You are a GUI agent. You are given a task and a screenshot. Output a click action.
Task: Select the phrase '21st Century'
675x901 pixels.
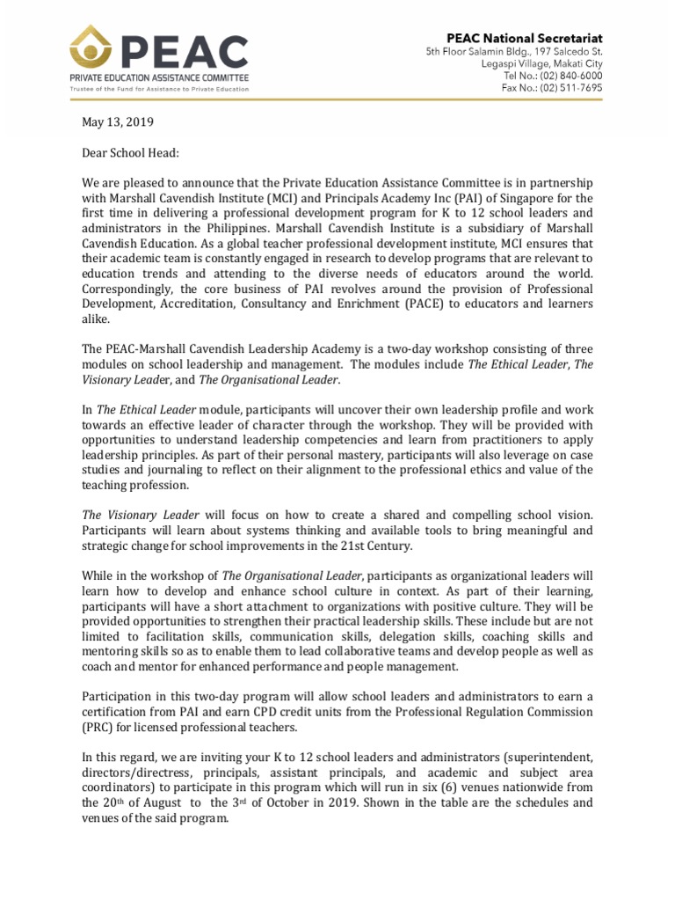tap(369, 546)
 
